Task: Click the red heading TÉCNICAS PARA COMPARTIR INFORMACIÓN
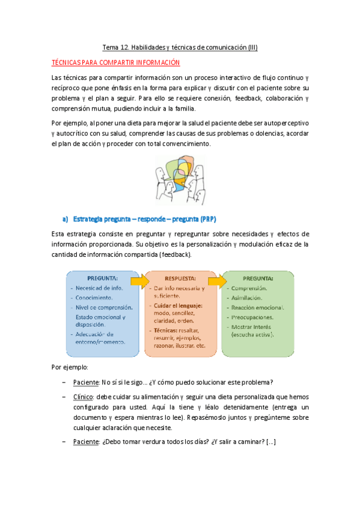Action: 116,63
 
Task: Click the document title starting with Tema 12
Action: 180,47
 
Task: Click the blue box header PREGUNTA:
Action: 102,279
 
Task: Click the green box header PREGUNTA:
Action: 258,278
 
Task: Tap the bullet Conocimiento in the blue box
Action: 94,298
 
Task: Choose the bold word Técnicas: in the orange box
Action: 169,330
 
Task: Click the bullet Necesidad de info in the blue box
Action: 100,288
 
